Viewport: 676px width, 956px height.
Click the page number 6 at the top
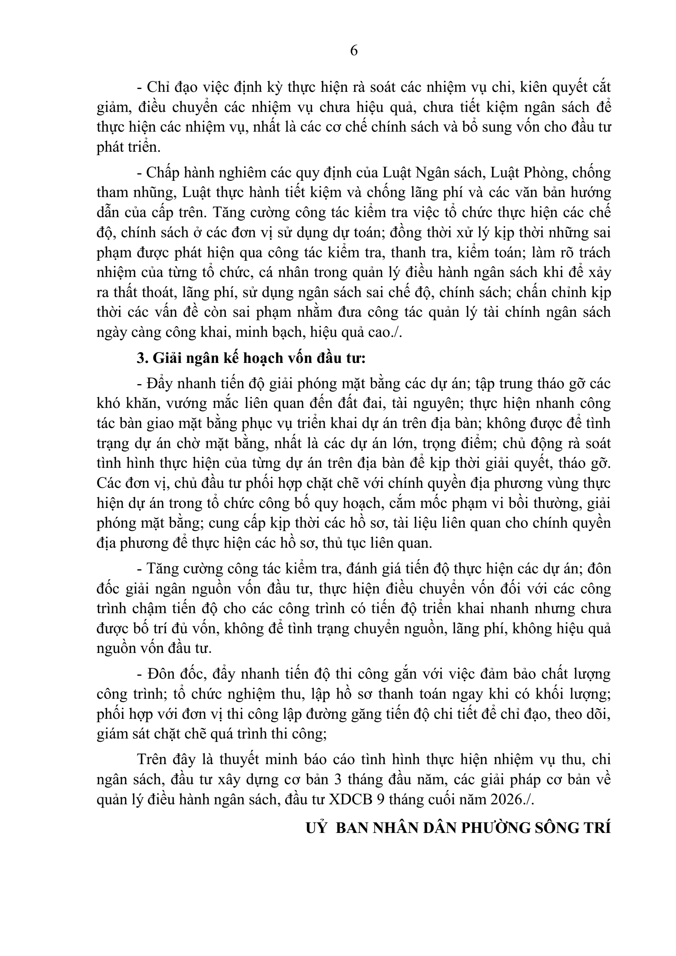click(354, 51)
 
